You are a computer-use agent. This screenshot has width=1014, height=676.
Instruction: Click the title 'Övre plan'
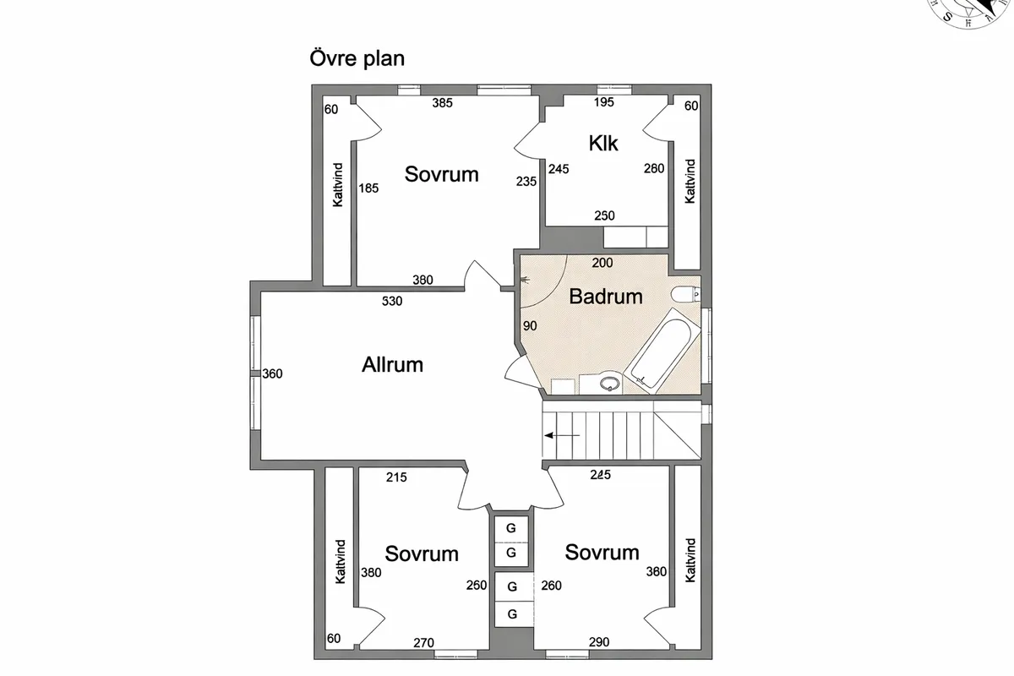(x=357, y=59)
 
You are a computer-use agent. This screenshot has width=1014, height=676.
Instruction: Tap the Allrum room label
(x=392, y=365)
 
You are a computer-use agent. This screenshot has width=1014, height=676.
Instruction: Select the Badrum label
(x=605, y=297)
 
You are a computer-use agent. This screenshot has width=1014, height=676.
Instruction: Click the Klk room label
(x=603, y=143)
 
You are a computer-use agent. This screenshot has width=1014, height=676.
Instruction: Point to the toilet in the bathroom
(x=684, y=294)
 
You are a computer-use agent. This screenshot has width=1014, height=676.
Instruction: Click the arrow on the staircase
(x=562, y=435)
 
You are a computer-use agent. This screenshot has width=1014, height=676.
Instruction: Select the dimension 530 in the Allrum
(x=392, y=300)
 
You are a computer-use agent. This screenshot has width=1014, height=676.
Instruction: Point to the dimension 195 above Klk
(x=603, y=103)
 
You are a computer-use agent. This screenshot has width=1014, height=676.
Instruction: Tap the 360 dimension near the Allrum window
(x=272, y=373)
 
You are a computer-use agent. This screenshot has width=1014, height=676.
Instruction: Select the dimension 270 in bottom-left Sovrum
(x=424, y=643)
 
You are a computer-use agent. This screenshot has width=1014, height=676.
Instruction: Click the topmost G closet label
(x=511, y=529)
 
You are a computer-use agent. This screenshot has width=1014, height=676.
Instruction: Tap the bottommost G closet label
(x=511, y=614)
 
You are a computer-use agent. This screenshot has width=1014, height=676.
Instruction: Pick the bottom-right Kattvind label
(x=690, y=559)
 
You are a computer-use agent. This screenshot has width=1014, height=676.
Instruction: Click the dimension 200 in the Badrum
(x=602, y=263)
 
